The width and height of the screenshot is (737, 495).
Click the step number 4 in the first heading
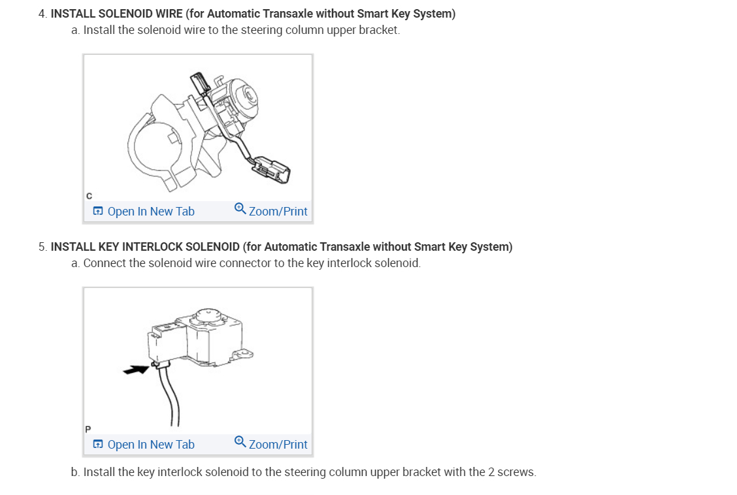pos(42,14)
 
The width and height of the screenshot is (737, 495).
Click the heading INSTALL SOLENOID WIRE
pos(116,14)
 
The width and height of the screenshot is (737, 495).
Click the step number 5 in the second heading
pos(42,247)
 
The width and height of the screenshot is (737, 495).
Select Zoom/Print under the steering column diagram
pos(277,212)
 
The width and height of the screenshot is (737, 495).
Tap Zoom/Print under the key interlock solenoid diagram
pos(277,445)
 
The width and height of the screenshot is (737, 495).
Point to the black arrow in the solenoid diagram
pos(136,370)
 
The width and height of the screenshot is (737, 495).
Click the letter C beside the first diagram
pos(89,196)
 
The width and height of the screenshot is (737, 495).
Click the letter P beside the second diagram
pos(88,429)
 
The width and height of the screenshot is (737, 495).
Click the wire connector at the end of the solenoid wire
pos(272,170)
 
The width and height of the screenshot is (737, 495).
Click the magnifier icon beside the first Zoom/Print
pos(240,209)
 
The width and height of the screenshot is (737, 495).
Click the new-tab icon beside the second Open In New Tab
pos(98,445)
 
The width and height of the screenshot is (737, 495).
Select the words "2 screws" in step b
pos(512,472)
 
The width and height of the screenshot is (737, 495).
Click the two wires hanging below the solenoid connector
pos(168,395)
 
